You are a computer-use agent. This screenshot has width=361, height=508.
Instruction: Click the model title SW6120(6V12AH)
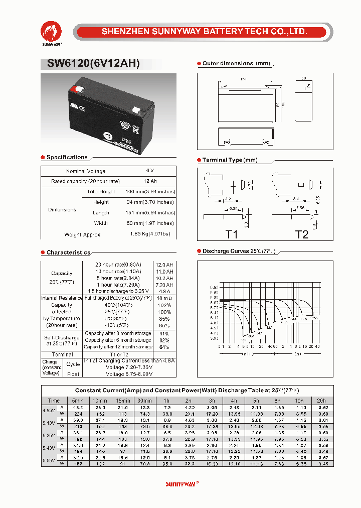click(x=90, y=64)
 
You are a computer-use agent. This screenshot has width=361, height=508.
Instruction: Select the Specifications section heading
click(x=67, y=158)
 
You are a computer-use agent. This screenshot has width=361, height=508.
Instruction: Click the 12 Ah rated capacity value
click(x=150, y=181)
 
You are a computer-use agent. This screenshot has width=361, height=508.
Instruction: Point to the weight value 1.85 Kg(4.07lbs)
click(x=150, y=234)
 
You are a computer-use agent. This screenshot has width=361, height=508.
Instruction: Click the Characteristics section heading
click(x=68, y=252)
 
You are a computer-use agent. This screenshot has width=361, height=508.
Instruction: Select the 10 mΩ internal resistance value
click(x=163, y=298)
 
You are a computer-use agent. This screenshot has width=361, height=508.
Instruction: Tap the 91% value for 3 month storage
click(x=164, y=333)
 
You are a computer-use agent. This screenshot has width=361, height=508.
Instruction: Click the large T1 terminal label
click(x=232, y=234)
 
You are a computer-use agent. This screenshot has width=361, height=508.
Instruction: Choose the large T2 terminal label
click(x=301, y=234)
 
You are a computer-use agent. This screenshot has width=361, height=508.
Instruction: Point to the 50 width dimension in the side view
click(x=304, y=79)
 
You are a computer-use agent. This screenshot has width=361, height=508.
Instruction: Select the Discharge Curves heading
click(x=239, y=251)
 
